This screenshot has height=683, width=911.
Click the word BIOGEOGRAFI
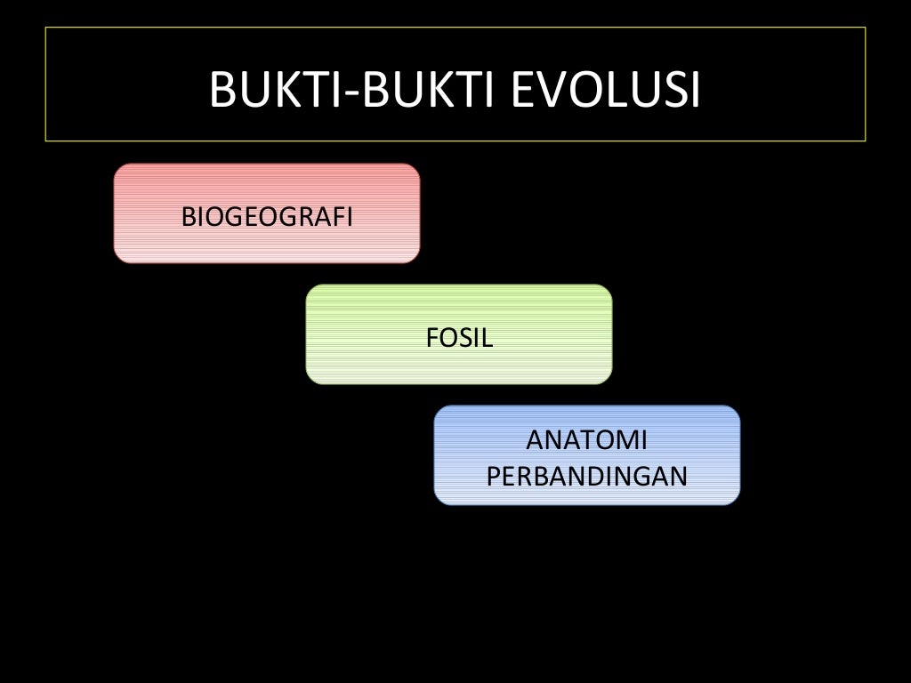267,216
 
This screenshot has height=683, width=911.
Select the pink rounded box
267,245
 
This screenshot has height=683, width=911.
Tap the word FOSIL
459,338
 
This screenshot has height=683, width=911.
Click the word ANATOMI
587,440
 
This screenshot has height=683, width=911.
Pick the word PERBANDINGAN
587,476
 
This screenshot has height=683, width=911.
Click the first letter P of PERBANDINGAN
493,476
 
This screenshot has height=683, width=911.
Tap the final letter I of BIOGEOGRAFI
350,216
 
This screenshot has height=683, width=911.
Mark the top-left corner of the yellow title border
46,28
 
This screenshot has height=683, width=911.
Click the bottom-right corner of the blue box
738,502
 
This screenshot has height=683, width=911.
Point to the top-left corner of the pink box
117,167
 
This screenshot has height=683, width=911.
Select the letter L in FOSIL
488,338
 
